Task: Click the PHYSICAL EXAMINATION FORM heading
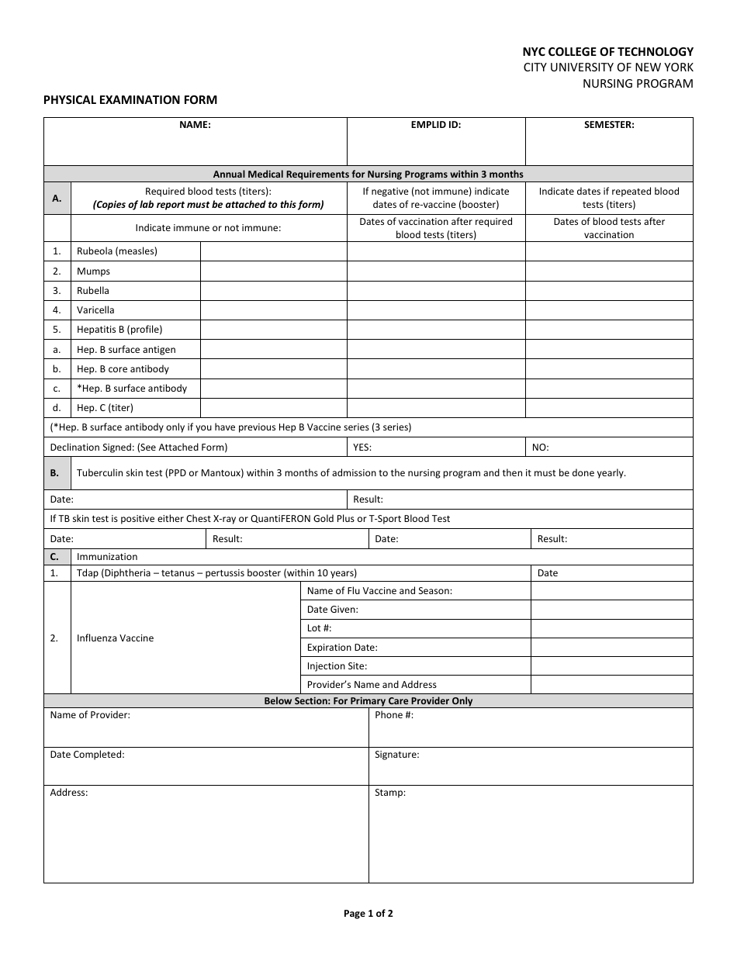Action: [x=130, y=100]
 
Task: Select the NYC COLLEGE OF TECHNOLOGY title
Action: [x=608, y=51]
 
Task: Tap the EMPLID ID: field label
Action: [x=435, y=125]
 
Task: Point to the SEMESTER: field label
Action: [x=609, y=125]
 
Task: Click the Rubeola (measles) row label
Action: [x=116, y=251]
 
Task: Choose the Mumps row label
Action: [x=93, y=271]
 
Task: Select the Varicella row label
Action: [x=95, y=310]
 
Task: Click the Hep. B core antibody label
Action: [x=123, y=369]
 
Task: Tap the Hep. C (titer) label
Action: [x=105, y=408]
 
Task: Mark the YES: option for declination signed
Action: [x=362, y=448]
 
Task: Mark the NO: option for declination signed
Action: [x=540, y=448]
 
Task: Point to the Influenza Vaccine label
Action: [x=115, y=638]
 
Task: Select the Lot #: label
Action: [x=319, y=628]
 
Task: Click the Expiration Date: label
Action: [x=342, y=648]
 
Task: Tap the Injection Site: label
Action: [x=337, y=666]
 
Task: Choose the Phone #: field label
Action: [x=394, y=715]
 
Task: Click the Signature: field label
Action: [x=396, y=755]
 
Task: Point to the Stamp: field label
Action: [x=390, y=793]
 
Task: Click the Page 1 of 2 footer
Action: [x=368, y=914]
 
